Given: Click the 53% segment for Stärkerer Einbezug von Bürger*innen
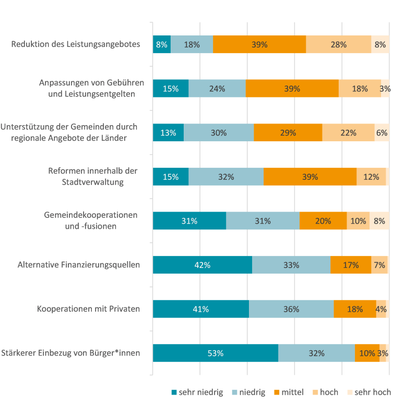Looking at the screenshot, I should click(x=215, y=353).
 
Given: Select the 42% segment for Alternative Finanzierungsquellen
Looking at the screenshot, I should click(x=202, y=265).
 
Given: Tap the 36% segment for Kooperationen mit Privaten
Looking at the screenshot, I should click(x=291, y=309).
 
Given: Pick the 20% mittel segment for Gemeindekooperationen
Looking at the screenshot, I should click(x=323, y=221).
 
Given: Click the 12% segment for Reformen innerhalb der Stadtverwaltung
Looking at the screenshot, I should click(x=371, y=177).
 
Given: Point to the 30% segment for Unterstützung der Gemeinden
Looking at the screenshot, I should click(x=219, y=133).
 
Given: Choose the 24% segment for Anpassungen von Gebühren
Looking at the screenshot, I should click(x=217, y=89).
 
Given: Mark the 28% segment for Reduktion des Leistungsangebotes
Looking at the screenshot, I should click(x=338, y=44).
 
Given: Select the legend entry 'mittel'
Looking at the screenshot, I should click(x=288, y=392).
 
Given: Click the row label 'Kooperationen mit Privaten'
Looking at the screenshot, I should click(x=89, y=309).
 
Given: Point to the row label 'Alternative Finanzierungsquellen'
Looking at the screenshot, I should click(x=79, y=265).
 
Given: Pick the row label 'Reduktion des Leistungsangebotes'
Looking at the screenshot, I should click(x=76, y=44).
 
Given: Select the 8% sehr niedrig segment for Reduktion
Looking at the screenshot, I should click(x=162, y=44).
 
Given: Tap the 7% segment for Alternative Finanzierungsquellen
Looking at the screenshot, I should click(x=379, y=265).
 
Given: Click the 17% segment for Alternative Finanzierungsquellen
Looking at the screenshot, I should click(x=351, y=265).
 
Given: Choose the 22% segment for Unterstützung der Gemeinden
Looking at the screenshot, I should click(x=348, y=133).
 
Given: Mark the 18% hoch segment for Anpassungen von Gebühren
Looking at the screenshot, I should click(x=360, y=89).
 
